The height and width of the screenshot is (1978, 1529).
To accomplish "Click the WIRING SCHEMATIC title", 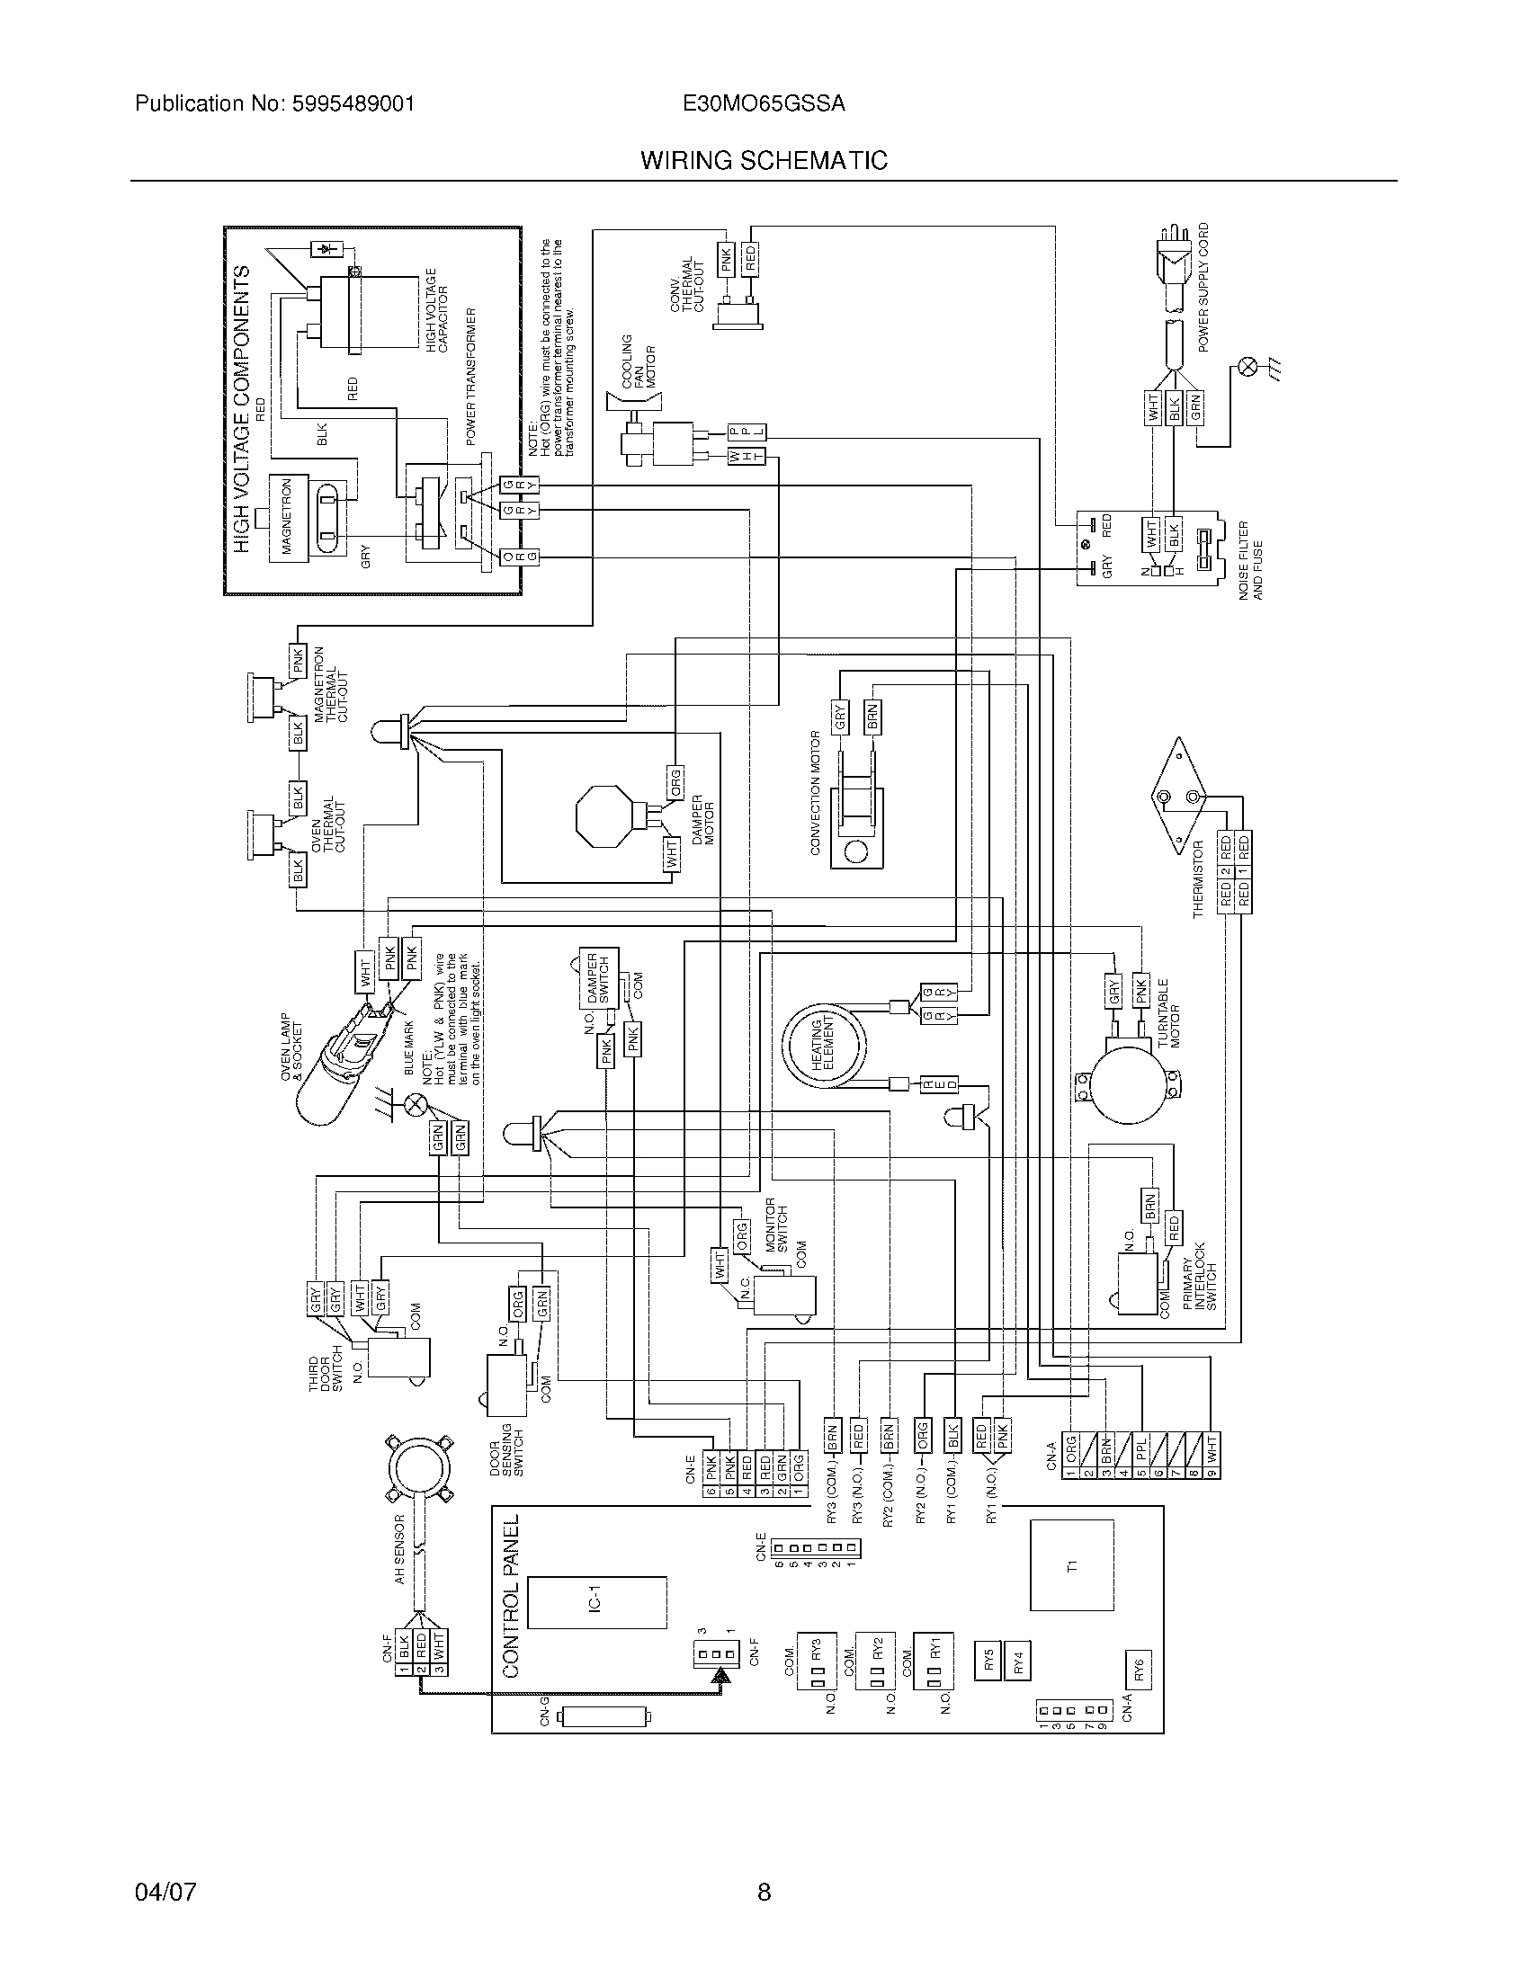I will coord(764,160).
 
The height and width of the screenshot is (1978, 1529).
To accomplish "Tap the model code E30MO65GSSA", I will coord(764,103).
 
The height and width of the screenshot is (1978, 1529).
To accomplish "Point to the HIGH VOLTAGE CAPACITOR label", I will coord(436,310).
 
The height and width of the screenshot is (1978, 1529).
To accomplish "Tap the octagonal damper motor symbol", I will coord(604,815).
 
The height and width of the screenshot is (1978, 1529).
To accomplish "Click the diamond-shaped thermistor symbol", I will coord(1176,797).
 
